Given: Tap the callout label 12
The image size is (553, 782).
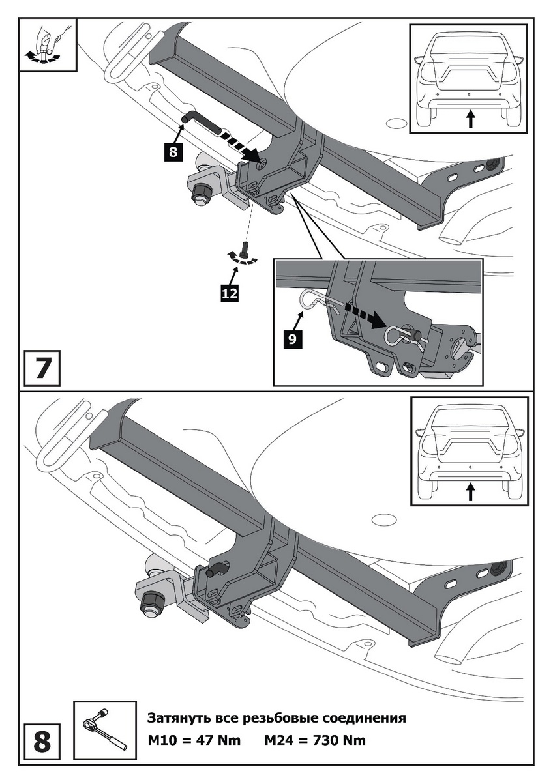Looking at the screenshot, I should point(228,293).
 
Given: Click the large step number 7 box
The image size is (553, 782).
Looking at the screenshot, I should point(42,368).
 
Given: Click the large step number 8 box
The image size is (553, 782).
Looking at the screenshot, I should point(42,742).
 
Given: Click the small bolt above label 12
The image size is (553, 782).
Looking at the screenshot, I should point(245,249).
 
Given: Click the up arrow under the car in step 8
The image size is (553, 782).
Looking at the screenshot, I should point(470,492).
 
